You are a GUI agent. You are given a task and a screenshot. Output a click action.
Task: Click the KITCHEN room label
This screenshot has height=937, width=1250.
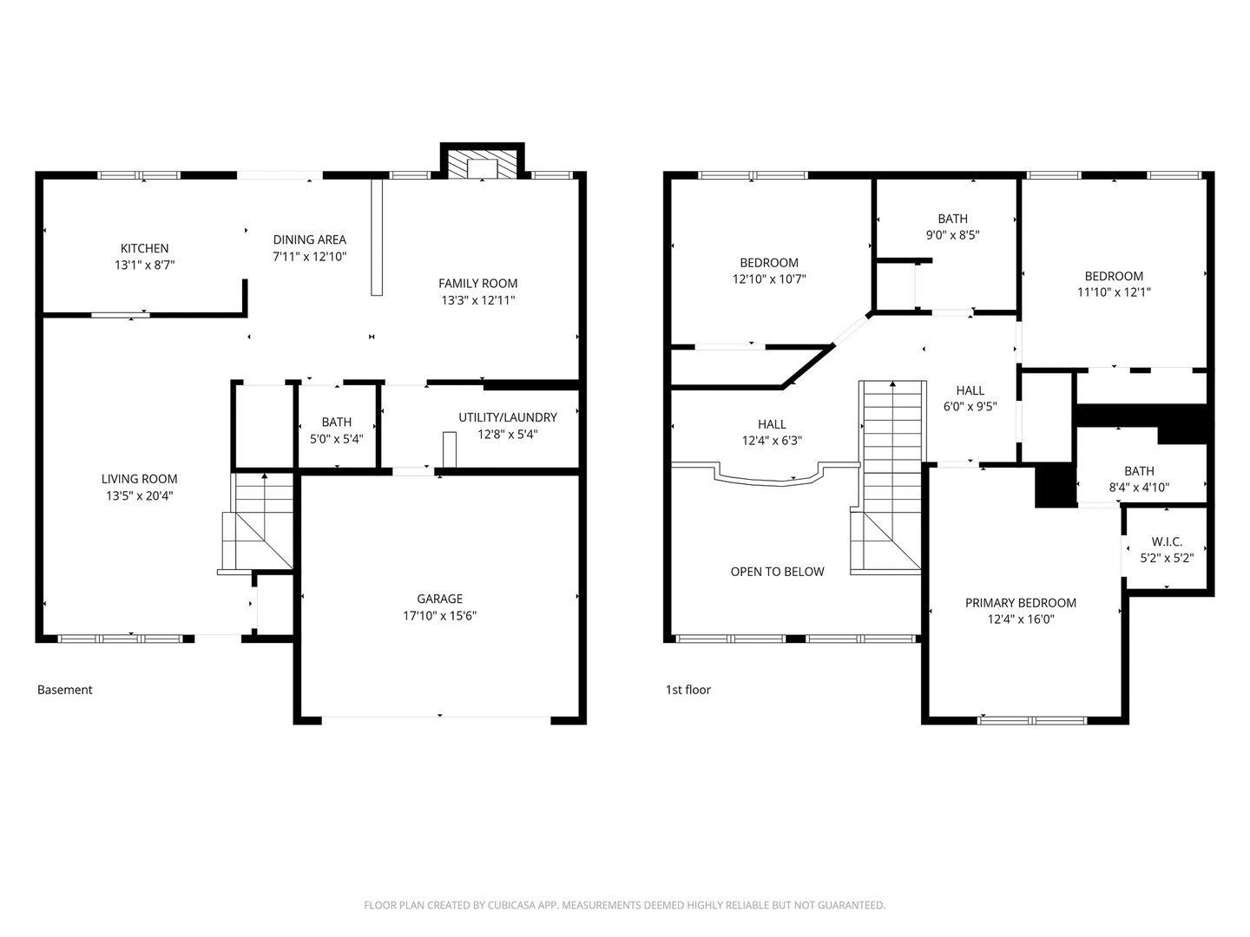click(144, 249)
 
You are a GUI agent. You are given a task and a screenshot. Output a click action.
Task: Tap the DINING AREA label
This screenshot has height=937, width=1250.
click(310, 240)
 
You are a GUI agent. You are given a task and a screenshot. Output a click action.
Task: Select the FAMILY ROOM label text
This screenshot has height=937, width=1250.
click(477, 284)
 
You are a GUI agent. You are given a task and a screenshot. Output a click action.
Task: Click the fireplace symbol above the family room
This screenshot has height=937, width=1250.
click(481, 167)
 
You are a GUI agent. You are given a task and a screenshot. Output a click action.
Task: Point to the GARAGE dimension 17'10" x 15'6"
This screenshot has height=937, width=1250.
click(439, 616)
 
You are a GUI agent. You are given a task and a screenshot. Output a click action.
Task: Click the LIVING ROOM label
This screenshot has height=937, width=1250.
click(139, 479)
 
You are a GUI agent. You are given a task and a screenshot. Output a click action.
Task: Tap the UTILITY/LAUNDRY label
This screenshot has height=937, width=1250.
click(507, 417)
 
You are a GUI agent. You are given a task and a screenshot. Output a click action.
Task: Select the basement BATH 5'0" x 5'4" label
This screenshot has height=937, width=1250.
click(337, 430)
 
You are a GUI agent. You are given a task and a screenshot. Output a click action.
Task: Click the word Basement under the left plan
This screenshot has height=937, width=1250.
click(64, 690)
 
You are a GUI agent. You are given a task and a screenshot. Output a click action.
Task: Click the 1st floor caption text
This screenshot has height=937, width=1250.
click(687, 690)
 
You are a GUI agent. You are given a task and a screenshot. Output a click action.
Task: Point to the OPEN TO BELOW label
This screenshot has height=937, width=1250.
click(777, 572)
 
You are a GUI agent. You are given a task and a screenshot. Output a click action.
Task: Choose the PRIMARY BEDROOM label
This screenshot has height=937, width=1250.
click(1020, 603)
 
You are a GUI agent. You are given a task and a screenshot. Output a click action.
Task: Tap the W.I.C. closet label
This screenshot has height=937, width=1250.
click(1167, 542)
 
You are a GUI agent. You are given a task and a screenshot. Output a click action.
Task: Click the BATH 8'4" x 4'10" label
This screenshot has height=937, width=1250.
click(1139, 479)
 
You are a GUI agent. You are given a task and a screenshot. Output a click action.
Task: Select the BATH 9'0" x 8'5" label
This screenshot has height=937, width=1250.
click(952, 226)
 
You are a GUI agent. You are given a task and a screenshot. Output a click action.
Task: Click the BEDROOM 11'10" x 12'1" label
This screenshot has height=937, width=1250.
click(1114, 284)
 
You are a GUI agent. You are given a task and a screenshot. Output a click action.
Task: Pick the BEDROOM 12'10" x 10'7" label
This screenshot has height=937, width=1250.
click(769, 271)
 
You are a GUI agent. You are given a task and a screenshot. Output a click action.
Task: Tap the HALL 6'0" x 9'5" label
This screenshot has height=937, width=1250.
click(970, 398)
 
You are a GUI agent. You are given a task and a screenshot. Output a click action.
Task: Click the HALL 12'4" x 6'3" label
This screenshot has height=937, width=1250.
click(771, 432)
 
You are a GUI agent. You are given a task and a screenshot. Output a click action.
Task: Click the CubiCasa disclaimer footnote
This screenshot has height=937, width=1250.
click(624, 905)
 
